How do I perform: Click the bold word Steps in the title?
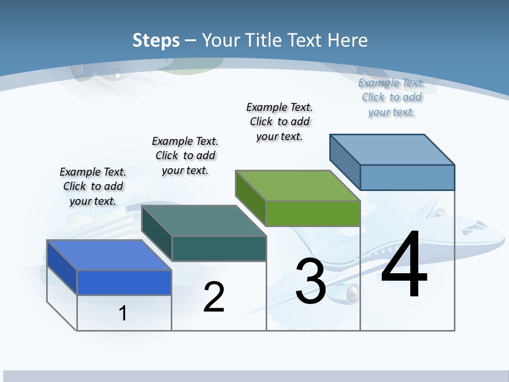coord(156,40)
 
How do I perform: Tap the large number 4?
coord(404,264)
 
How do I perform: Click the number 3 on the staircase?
coord(311,281)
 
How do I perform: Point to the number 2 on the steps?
coord(214,297)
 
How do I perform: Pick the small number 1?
coord(123,313)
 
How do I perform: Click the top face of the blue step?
coord(109,255)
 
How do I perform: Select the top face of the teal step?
coord(203,221)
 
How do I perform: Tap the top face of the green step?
coord(297,186)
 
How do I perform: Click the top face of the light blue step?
coord(392,149)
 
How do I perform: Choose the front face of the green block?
coord(313,214)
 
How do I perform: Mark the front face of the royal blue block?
coord(124,282)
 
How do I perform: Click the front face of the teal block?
coord(219,248)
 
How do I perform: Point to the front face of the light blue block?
coord(407,177)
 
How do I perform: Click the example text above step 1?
coord(93,186)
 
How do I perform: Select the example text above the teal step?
coord(185,155)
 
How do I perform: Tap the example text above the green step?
coord(279,121)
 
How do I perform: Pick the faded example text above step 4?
coord(391,97)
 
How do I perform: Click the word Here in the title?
coord(348,40)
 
